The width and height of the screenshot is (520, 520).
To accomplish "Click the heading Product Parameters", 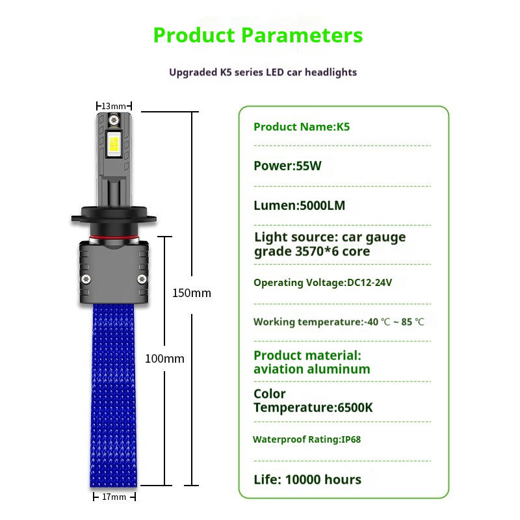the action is pos(258,35).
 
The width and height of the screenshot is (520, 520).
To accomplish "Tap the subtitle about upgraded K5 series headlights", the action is pos(263,72).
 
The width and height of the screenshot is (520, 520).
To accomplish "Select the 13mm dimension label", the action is pos(114,106).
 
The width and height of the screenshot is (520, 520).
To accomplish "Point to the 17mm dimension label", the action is pos(114,497).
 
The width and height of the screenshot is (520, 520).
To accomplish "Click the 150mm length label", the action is pos(191,293).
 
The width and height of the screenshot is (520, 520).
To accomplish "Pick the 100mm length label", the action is pos(164,359).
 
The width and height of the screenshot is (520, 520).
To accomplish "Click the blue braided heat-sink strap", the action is pos(114,396).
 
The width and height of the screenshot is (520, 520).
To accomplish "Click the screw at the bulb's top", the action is pos(114,121).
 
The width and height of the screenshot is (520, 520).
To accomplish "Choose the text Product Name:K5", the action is pos(302,127).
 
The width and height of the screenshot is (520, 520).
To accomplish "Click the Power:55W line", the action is pos(287,166).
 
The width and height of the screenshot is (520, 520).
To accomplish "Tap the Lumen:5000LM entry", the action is pos(299,206).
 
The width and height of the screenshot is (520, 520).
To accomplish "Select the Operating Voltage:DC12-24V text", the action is pos(322,283).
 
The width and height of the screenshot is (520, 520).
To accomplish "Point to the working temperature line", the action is pos(339,322).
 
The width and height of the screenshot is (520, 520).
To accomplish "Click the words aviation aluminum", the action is pos(312,369).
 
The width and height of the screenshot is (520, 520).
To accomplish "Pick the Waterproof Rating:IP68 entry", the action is pos(307,439).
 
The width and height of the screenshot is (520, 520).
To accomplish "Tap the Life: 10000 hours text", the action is pos(307,480).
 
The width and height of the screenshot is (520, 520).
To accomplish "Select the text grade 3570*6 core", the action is pos(312,252).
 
